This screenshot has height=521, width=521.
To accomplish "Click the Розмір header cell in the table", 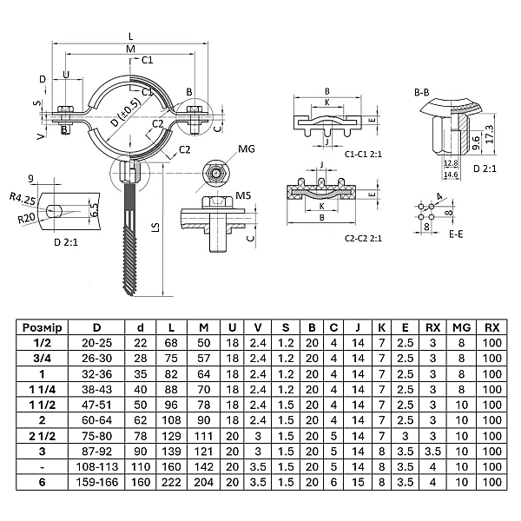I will [x=43, y=327].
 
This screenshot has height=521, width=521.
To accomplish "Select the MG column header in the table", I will [x=461, y=327].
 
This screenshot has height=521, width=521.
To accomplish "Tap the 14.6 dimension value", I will [x=452, y=175].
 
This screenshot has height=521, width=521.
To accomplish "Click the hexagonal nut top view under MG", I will [x=214, y=174].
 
